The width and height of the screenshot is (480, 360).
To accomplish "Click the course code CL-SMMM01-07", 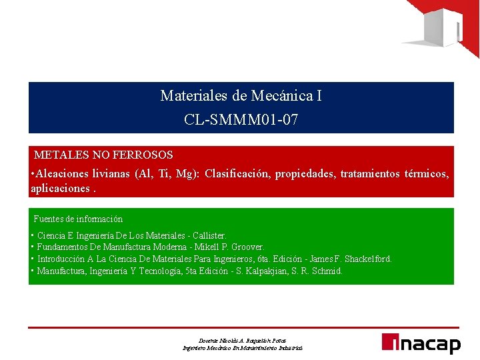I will tap(241, 120).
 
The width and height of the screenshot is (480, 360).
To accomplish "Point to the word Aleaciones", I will tap(67, 174).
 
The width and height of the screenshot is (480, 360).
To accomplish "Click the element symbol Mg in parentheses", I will tap(184, 174).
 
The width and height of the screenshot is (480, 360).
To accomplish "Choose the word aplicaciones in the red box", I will tap(60, 188).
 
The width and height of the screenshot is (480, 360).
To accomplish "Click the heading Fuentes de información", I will tap(78, 219).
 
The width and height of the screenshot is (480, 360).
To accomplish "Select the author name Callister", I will tap(209, 235).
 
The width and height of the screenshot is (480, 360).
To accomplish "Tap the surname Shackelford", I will tap(368, 259).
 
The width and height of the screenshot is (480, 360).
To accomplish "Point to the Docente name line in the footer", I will tap(242, 340).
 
